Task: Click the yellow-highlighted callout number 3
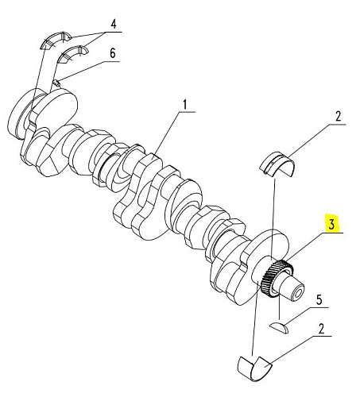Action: pos(332,224)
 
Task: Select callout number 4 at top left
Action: pos(114,25)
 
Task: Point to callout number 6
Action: pos(113,53)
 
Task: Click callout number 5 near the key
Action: pos(319,300)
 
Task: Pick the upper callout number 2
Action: pos(338,117)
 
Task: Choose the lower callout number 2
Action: pos(321,329)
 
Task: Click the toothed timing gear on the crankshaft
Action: pos(277,279)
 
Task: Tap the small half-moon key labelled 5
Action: pos(279,328)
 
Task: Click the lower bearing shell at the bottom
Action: pos(254,368)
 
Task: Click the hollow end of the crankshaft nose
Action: pos(298,293)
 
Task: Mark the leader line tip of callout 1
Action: pos(154,159)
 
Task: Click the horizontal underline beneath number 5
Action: pos(318,307)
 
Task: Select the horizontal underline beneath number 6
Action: pos(111,61)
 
